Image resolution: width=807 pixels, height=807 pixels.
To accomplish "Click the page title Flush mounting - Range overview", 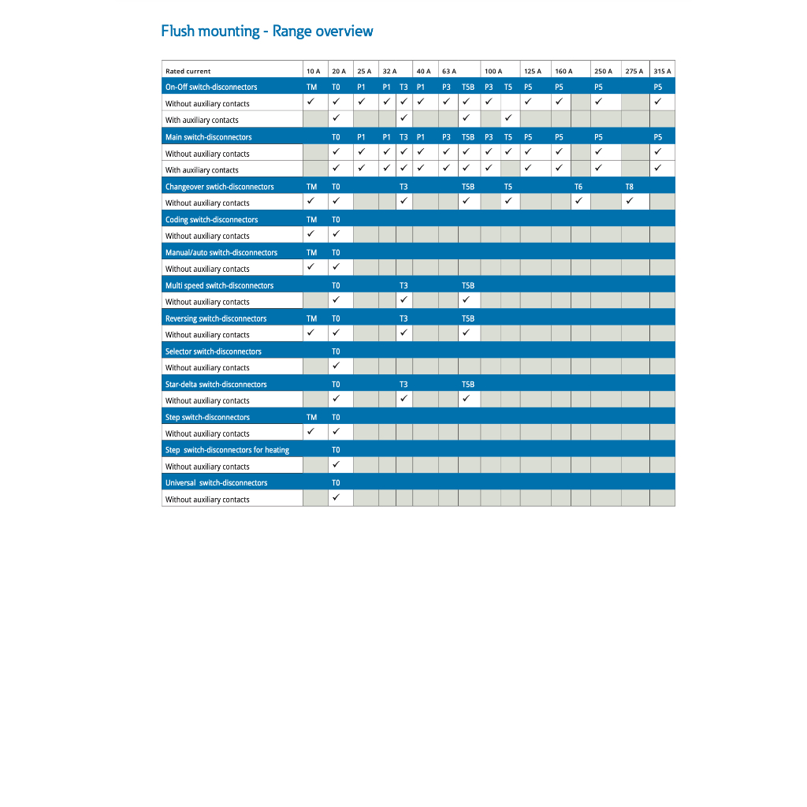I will click(x=267, y=32).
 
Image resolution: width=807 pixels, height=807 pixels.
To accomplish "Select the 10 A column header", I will click(x=313, y=71).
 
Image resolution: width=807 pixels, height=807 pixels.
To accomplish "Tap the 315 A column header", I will click(x=662, y=71).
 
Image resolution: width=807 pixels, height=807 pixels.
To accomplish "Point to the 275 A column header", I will click(x=634, y=71).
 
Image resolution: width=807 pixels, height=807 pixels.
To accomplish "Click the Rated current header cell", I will click(x=188, y=71).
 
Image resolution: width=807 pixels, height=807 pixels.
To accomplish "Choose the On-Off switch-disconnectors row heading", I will click(x=211, y=87).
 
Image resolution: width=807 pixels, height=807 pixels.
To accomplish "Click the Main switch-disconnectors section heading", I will click(x=209, y=137).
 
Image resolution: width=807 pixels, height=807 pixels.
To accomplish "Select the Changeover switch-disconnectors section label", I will click(x=220, y=187).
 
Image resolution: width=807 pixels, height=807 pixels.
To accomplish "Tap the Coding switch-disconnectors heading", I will click(x=211, y=220).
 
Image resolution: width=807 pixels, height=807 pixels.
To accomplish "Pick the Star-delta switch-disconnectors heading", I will click(x=216, y=385).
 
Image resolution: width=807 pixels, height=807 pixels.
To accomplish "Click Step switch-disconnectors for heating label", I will click(x=227, y=450).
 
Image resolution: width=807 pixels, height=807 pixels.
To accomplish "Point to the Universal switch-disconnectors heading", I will click(x=216, y=483).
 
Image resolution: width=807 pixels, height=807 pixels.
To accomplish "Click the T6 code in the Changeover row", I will click(x=578, y=187).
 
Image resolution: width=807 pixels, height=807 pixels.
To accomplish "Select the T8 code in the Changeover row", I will click(x=629, y=187).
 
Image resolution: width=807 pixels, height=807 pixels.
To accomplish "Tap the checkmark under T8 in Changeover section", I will click(x=630, y=202).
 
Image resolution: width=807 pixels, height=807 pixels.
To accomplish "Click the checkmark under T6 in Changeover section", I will click(x=578, y=202).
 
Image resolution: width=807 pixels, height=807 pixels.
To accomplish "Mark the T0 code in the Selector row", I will click(x=336, y=351).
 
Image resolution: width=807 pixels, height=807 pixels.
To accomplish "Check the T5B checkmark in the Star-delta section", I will click(x=467, y=400).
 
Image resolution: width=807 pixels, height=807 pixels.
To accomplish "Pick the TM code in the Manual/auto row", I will click(x=311, y=253).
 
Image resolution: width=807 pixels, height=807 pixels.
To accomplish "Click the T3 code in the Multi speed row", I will click(x=403, y=285).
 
